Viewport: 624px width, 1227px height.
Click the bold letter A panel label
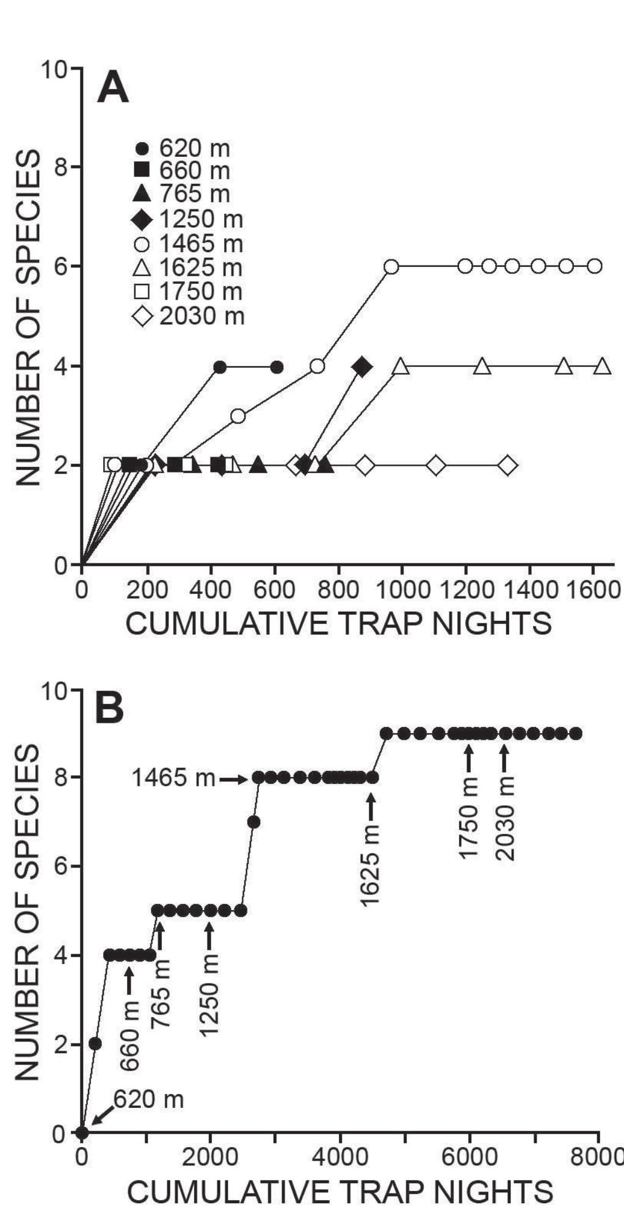pos(113,90)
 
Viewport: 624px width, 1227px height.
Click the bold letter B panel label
pos(110,708)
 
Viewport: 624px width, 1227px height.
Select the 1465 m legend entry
pos(189,244)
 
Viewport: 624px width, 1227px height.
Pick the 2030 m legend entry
pos(189,317)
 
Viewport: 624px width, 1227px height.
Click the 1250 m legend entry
pos(189,219)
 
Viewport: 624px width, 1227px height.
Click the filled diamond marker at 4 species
pos(362,367)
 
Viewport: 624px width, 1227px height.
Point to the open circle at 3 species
pos(238,416)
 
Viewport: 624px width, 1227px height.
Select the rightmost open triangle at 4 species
pos(603,367)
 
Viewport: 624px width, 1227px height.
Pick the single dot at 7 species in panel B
pos(254,822)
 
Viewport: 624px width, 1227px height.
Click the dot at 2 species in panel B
pos(95,1044)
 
